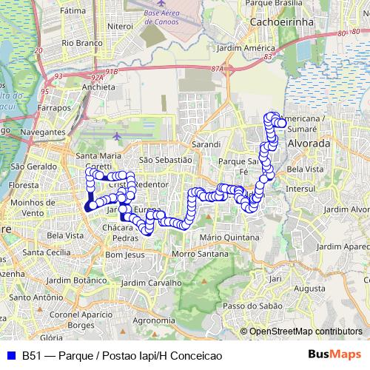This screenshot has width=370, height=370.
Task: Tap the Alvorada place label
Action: tap(309, 143)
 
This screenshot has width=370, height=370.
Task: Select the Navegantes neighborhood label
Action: tap(43, 132)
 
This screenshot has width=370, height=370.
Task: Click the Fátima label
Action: tap(73, 12)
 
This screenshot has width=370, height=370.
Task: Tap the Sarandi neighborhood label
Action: tap(206, 144)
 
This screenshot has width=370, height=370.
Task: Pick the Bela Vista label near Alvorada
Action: tap(306, 169)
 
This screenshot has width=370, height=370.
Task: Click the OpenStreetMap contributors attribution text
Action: tap(306, 332)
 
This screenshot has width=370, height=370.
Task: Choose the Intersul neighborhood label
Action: tap(300, 189)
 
